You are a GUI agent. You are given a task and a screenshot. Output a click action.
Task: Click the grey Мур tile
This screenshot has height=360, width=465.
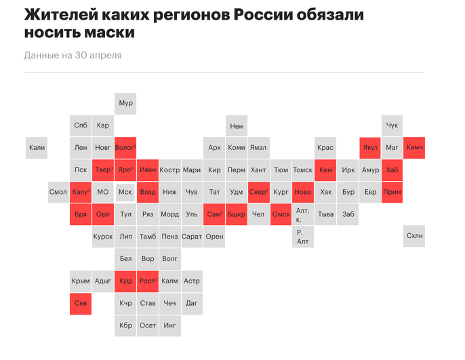pyautogui.click(x=125, y=103)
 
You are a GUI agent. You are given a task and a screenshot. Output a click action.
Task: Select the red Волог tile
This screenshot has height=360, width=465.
pyautogui.click(x=125, y=147)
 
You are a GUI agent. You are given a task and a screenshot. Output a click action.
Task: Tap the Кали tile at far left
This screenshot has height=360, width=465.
pyautogui.click(x=37, y=147)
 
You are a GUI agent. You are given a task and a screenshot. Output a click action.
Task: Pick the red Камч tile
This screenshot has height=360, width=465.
pyautogui.click(x=414, y=147)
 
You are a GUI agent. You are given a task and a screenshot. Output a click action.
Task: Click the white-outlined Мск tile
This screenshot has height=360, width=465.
pyautogui.click(x=125, y=192)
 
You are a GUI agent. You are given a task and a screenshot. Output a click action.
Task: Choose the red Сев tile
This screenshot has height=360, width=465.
pyautogui.click(x=81, y=303)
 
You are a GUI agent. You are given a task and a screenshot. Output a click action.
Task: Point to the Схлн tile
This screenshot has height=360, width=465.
pyautogui.click(x=414, y=236)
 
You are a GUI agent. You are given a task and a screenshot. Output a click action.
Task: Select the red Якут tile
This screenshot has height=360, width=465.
pyautogui.click(x=370, y=147)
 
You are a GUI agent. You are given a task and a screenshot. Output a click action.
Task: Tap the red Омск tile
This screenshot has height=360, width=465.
pyautogui.click(x=281, y=214)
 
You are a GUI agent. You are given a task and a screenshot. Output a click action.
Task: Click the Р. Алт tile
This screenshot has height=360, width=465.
pyautogui.click(x=303, y=236)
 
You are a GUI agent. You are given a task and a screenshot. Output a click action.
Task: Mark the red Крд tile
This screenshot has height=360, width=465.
pyautogui.click(x=125, y=281)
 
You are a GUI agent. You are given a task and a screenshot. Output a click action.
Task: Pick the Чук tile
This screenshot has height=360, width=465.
pyautogui.click(x=392, y=125)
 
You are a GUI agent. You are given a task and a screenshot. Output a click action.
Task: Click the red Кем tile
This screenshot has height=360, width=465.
pyautogui.click(x=325, y=169)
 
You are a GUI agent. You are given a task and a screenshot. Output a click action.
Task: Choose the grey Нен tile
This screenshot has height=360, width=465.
pyautogui.click(x=237, y=125)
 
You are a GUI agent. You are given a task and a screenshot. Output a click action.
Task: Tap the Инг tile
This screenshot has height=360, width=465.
pyautogui.click(x=169, y=325)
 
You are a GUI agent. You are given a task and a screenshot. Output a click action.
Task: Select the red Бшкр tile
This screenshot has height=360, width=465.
pyautogui.click(x=237, y=214)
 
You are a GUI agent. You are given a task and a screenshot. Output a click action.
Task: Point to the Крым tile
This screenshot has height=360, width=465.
pyautogui.click(x=81, y=281)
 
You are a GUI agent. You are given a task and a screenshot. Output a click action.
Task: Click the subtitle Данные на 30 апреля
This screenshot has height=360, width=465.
pyautogui.click(x=73, y=56)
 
